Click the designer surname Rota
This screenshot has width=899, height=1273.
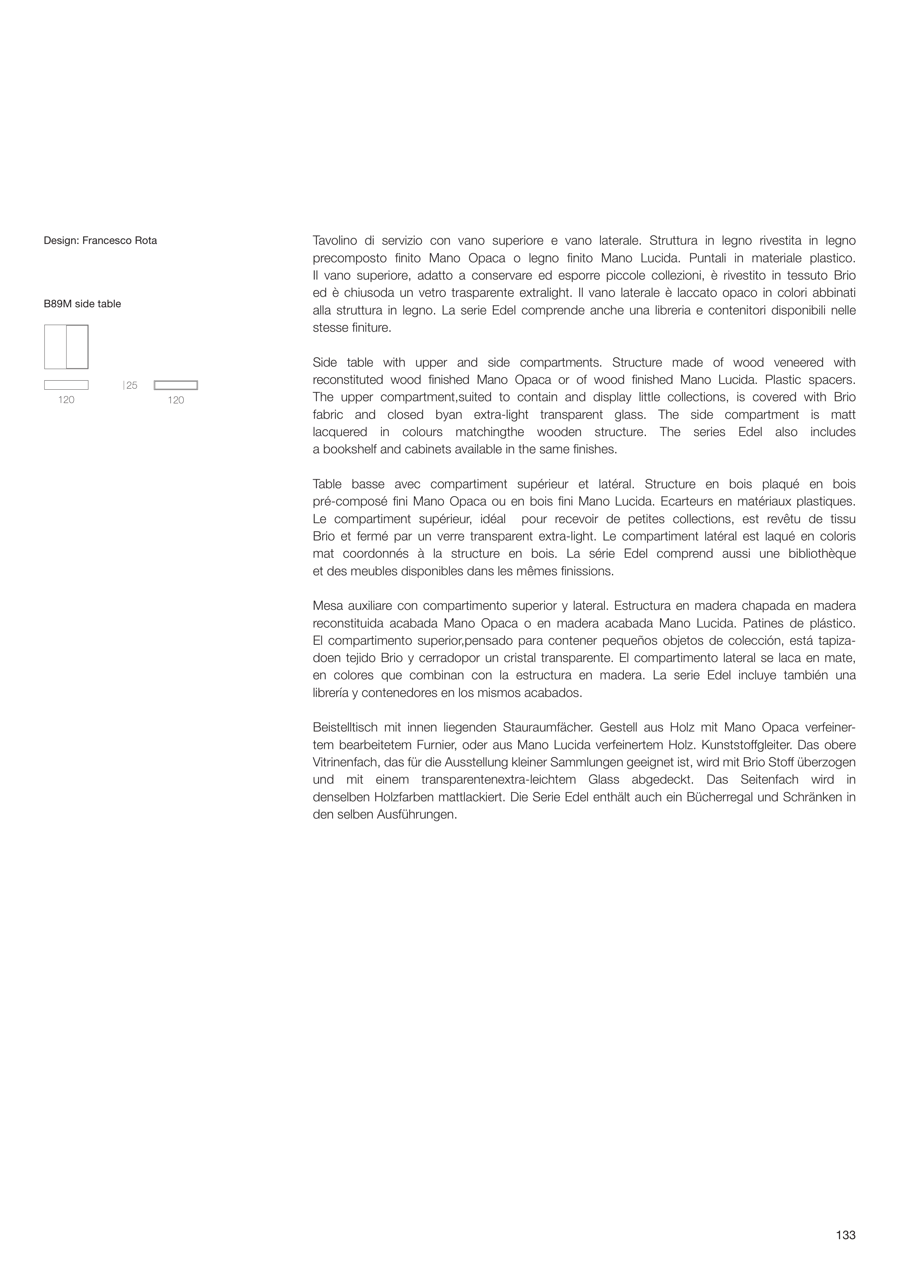(x=145, y=241)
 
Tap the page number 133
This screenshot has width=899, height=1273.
(x=846, y=1235)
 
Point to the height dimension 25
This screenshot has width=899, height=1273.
(x=131, y=385)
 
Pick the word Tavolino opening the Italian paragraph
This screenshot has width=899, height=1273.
(x=335, y=241)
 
